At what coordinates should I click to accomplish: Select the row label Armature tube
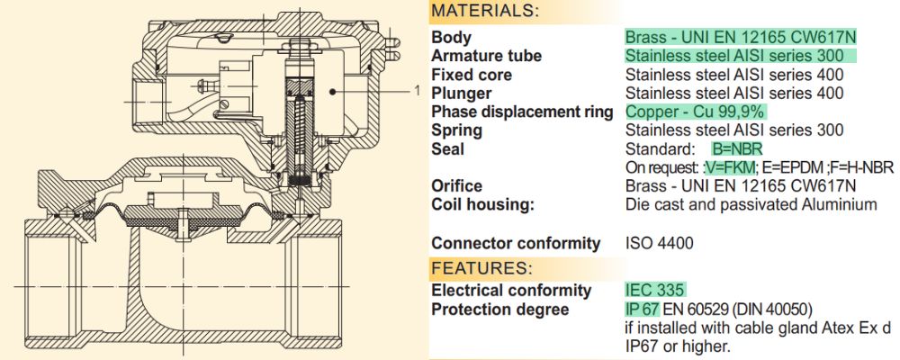pyautogui.click(x=486, y=56)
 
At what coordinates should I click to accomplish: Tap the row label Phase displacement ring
pyautogui.click(x=521, y=112)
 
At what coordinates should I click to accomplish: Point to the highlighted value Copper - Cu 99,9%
pyautogui.click(x=695, y=112)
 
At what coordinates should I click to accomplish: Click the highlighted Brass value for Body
pyautogui.click(x=740, y=37)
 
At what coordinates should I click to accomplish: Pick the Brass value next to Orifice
pyautogui.click(x=740, y=186)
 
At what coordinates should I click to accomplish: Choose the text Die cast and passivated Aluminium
pyautogui.click(x=751, y=204)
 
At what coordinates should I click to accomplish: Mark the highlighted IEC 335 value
pyautogui.click(x=656, y=291)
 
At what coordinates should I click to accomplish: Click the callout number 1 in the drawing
pyautogui.click(x=418, y=89)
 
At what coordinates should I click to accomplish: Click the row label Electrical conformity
pyautogui.click(x=511, y=291)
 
